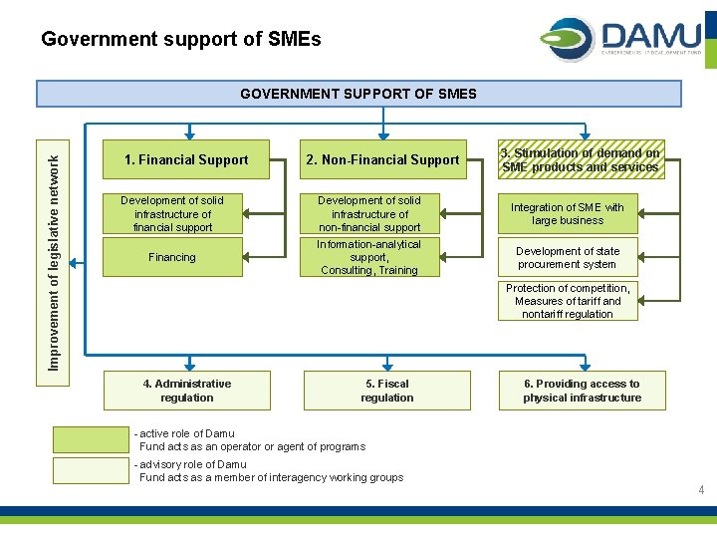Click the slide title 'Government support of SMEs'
[180, 40]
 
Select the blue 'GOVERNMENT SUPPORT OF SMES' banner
[358, 94]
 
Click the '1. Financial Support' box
[186, 159]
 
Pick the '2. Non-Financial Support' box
[383, 159]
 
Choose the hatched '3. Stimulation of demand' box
[582, 159]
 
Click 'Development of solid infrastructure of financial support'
[173, 214]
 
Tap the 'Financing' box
[173, 257]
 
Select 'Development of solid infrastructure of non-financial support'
[369, 214]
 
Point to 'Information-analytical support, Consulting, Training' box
[369, 257]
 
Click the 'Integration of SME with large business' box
[568, 214]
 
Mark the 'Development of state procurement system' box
[568, 258]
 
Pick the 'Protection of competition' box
[568, 301]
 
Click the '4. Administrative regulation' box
[187, 391]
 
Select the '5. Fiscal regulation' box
[386, 391]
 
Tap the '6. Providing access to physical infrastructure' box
[583, 391]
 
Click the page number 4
[701, 490]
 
